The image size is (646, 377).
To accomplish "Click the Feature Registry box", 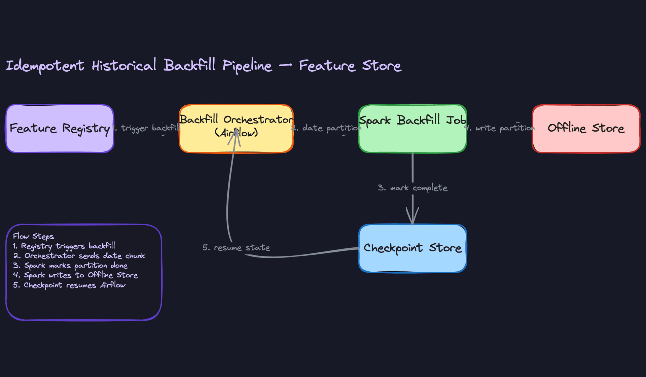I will coord(60,129).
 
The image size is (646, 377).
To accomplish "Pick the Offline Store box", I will coord(586,129).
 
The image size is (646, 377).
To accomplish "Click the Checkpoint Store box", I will coord(412,248).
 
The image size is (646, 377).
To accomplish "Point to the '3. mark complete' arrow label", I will coord(412,188).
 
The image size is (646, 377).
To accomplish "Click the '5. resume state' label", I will coord(236,248).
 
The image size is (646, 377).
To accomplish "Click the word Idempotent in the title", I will coord(45,66).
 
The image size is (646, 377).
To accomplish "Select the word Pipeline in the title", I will coord(247,66).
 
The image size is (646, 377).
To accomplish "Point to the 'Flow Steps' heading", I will coord(33,236).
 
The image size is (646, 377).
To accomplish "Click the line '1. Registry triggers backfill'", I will coord(64,246).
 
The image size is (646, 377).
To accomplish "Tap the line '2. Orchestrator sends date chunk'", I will coord(79,256).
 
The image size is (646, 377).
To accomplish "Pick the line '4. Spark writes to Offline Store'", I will coord(75,275).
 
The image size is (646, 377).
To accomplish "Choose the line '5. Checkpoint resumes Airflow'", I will coord(69,285).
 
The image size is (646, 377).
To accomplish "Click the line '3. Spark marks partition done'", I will coord(70,266).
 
